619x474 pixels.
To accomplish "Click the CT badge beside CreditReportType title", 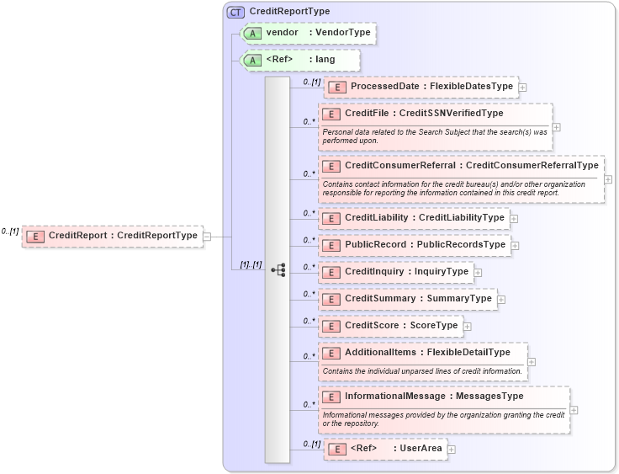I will [x=236, y=12].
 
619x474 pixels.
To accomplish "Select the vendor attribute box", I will [x=308, y=33].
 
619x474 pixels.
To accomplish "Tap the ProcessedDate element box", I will [x=421, y=87].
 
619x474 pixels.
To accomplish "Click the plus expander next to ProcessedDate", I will [x=523, y=87].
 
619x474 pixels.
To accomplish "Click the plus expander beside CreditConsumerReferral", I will [x=608, y=179].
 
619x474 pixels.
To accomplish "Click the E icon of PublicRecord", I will [x=331, y=245].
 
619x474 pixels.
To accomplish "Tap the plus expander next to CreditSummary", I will [x=501, y=299].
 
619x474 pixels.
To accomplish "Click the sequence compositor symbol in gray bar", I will [x=278, y=270].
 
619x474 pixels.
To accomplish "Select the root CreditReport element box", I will [x=113, y=237].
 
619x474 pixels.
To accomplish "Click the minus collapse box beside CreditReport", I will [x=207, y=237].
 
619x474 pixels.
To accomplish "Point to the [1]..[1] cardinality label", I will [x=251, y=264].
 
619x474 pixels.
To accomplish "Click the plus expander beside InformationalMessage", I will [x=574, y=410].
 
